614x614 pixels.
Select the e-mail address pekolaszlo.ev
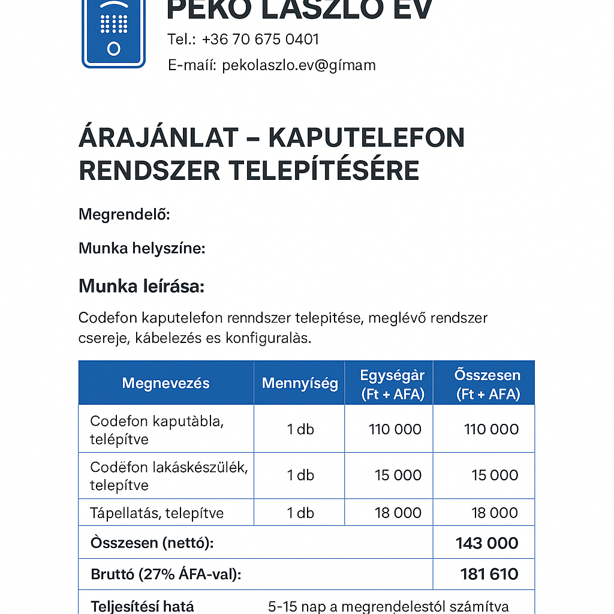pos(299,65)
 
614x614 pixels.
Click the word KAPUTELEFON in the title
pos(366,139)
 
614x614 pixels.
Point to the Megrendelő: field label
pos(125,214)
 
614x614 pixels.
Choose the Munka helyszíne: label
pos(142,248)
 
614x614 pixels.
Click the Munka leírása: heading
pos(142,287)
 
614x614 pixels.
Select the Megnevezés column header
pos(165,383)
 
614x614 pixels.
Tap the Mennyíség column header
pos(300,383)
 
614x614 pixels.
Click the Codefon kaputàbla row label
pos(156,429)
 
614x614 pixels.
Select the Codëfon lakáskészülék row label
pos(168,475)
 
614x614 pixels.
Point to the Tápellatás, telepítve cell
pos(156,513)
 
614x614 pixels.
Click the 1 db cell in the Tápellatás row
pos(300,513)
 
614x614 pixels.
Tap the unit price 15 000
pos(398,475)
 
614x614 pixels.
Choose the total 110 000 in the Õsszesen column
pos(491,429)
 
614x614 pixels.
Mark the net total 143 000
pos(487,543)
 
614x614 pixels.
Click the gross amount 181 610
pos(489,574)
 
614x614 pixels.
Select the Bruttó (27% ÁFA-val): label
pos(165,574)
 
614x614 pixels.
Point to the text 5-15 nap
pos(291,606)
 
